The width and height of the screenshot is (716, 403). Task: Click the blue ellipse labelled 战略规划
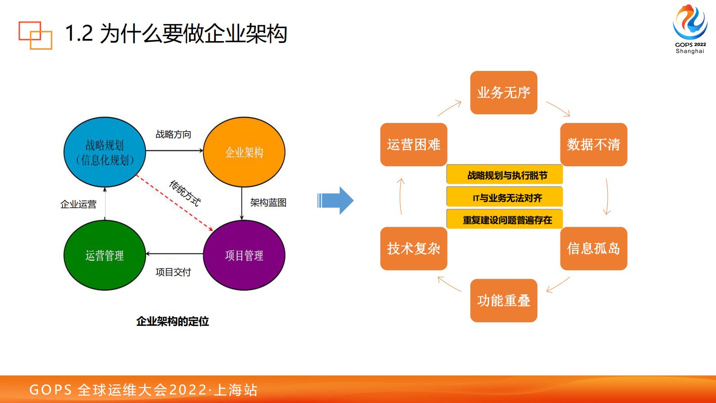pos(105,152)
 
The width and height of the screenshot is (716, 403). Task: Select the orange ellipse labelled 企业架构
pos(244,152)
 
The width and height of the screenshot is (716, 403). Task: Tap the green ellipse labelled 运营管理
pos(105,255)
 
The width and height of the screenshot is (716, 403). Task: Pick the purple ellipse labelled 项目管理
pos(244,255)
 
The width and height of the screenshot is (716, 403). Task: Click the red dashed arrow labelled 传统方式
pos(174,203)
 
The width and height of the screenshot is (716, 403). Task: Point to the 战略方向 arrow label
pos(173,135)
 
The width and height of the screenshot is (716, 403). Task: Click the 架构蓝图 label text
pos(268,203)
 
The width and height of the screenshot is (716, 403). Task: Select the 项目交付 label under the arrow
pos(173,272)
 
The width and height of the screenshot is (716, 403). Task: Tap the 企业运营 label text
pos(79,205)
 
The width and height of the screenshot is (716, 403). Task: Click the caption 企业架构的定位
pos(172,322)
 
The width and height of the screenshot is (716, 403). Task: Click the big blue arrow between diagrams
pos(336,200)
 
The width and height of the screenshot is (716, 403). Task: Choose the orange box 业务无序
pos(504,93)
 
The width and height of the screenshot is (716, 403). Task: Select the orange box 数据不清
pos(593,145)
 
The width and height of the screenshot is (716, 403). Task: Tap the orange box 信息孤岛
pos(593,248)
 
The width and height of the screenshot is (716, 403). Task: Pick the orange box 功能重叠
pos(504,300)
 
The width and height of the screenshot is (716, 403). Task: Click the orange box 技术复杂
pos(414,248)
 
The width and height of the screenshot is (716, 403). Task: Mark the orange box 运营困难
pos(414,145)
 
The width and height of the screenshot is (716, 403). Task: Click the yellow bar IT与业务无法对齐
pos(504,197)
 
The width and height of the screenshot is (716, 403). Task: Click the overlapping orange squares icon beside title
pos(35,35)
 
